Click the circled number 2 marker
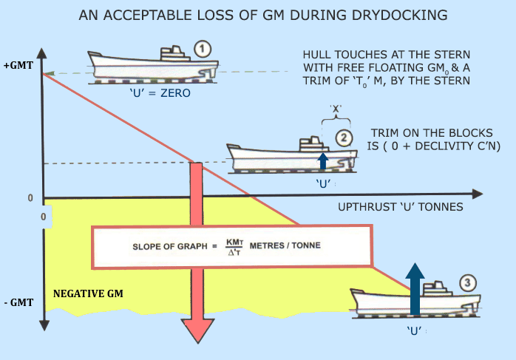tap(342, 136)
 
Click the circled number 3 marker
tap(466, 281)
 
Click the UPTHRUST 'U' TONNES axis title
tap(401, 207)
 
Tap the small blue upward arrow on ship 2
tap(322, 161)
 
